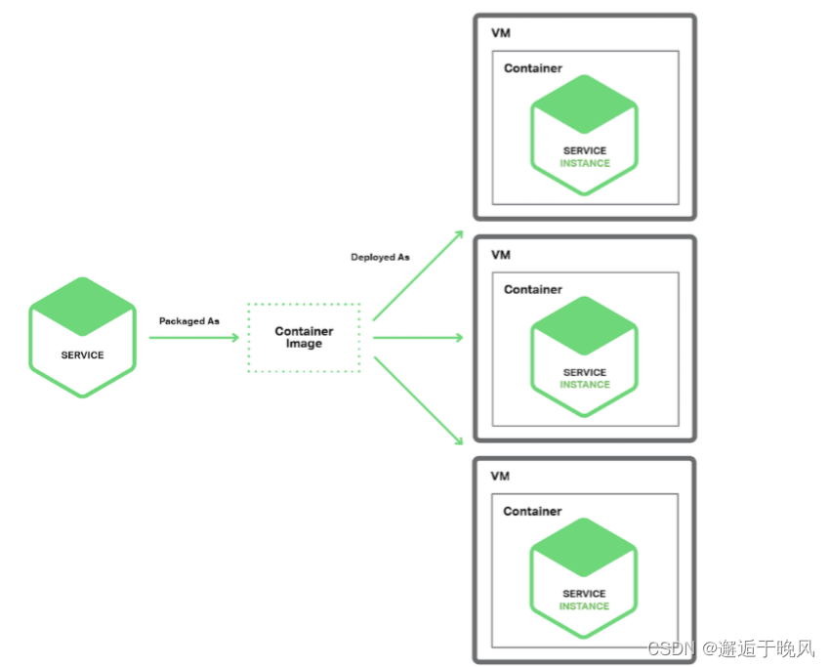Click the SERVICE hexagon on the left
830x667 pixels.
coord(82,338)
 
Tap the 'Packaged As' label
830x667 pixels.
coord(189,320)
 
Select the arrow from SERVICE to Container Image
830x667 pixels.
coord(193,338)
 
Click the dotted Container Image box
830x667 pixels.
coord(304,338)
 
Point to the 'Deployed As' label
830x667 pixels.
coord(380,257)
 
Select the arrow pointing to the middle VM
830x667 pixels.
coord(417,338)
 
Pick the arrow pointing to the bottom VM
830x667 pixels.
coord(417,399)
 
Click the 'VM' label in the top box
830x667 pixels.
coord(501,33)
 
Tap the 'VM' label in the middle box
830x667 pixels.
coord(501,255)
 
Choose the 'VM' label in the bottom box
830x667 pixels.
coord(501,477)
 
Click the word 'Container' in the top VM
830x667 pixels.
coord(533,68)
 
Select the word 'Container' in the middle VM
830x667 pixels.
coord(533,289)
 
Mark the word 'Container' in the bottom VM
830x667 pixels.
coord(532,511)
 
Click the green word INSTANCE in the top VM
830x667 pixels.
coord(585,163)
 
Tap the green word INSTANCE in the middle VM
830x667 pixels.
coord(585,385)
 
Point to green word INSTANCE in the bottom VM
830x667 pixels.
coord(584,606)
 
